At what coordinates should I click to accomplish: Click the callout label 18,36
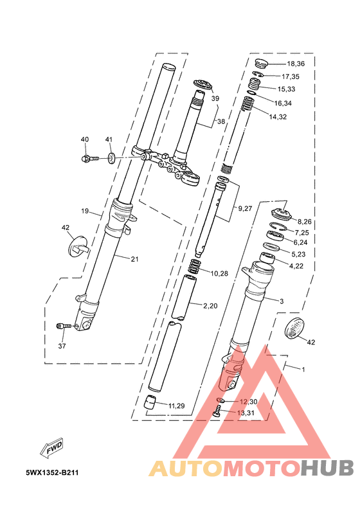pyautogui.click(x=296, y=64)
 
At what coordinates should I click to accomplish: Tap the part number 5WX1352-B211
pyautogui.click(x=52, y=472)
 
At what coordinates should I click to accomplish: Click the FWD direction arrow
pyautogui.click(x=51, y=449)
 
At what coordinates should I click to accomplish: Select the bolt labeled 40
pyautogui.click(x=89, y=158)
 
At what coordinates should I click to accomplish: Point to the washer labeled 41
pyautogui.click(x=111, y=158)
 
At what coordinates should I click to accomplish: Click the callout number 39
pyautogui.click(x=215, y=98)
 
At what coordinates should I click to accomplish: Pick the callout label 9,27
pyautogui.click(x=245, y=208)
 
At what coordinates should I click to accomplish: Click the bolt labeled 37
pyautogui.click(x=64, y=326)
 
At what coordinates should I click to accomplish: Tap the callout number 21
pyautogui.click(x=134, y=259)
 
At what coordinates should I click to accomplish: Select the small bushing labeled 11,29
pyautogui.click(x=150, y=402)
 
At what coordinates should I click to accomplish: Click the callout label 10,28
pyautogui.click(x=219, y=274)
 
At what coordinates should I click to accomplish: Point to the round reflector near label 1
pyautogui.click(x=295, y=328)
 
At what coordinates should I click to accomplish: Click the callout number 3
pyautogui.click(x=282, y=301)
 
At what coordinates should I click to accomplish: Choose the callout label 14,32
pyautogui.click(x=278, y=117)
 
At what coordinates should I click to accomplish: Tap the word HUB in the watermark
pyautogui.click(x=326, y=468)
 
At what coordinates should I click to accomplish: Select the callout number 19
pyautogui.click(x=85, y=211)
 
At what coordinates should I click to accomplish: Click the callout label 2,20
pyautogui.click(x=210, y=306)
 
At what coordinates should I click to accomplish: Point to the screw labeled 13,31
pyautogui.click(x=217, y=413)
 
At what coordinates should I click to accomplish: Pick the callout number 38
pyautogui.click(x=221, y=121)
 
